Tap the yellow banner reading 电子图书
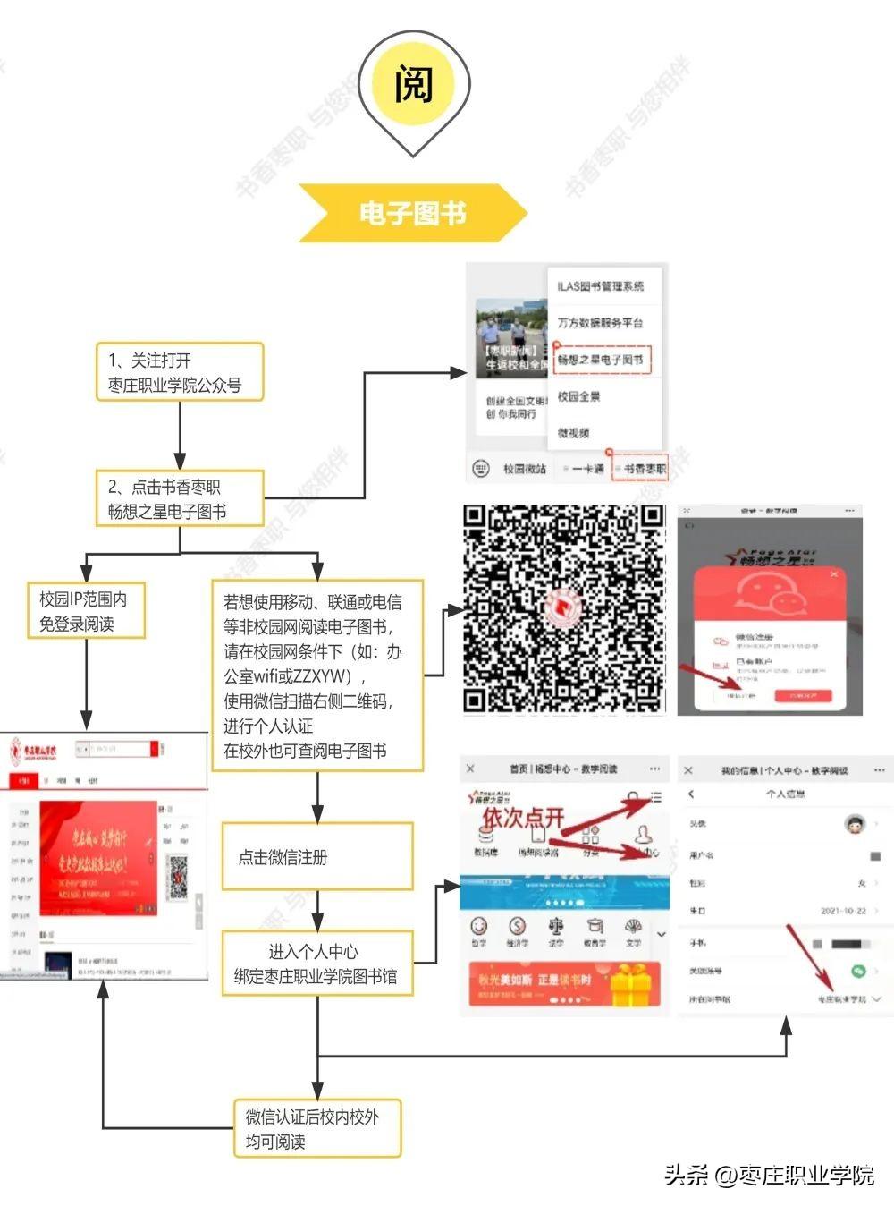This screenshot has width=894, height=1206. tap(412, 213)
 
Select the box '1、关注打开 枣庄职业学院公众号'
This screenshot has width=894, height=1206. tap(180, 372)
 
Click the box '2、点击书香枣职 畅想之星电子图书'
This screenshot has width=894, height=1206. tap(180, 498)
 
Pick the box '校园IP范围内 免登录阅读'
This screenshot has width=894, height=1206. tap(86, 611)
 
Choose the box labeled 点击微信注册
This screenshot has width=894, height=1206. tap(316, 857)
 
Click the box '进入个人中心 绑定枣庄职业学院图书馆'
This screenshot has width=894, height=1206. tap(316, 964)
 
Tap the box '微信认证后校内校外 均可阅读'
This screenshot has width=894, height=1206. tap(316, 1128)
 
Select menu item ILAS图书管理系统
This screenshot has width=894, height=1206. tap(601, 286)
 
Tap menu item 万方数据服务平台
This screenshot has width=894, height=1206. tap(601, 322)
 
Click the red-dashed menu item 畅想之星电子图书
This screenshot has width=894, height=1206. tap(601, 360)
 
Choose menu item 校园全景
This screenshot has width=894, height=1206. tap(579, 396)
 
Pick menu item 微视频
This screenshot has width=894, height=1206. tap(574, 433)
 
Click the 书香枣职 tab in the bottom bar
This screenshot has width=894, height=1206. tap(640, 469)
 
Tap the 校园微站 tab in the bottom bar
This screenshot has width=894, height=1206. tap(523, 469)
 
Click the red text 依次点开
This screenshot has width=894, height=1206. tap(524, 817)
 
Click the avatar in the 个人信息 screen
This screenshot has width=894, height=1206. tap(856, 824)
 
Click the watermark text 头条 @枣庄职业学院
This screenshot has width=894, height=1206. tap(769, 1174)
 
